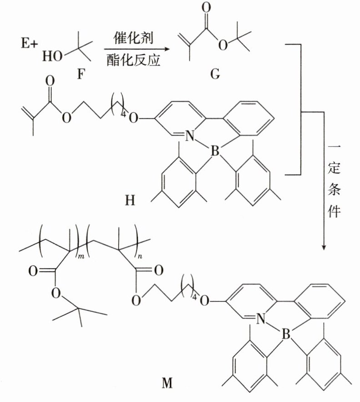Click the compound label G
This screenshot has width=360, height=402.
[215, 73]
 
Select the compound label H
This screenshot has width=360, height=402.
[130, 200]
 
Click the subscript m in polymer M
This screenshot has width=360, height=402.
[82, 258]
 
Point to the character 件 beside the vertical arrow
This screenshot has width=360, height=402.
[334, 212]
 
